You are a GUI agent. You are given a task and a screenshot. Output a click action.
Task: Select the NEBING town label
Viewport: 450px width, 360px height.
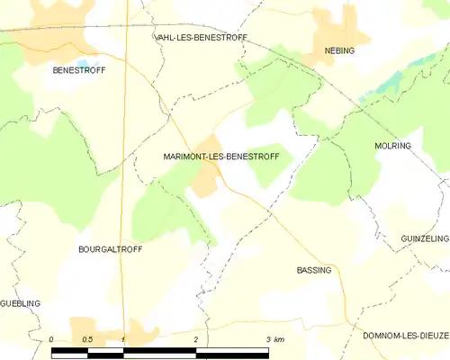point(339,50)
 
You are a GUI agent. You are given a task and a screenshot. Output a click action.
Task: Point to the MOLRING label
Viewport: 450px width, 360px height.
point(392,144)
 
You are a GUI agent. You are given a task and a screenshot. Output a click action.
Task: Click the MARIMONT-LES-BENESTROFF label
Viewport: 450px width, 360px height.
point(221,157)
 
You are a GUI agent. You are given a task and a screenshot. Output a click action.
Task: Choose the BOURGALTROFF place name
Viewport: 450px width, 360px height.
point(111,248)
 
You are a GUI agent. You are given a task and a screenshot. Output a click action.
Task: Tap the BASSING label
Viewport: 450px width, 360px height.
point(314,270)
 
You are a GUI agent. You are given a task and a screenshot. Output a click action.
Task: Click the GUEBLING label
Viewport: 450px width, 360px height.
point(20,304)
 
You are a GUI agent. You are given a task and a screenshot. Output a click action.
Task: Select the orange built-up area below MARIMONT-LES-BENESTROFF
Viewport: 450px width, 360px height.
point(204,183)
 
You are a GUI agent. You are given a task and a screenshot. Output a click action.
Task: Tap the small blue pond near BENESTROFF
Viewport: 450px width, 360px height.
point(84,63)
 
